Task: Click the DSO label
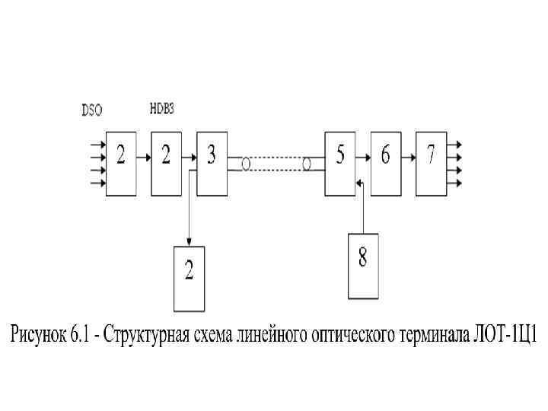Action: pyautogui.click(x=92, y=110)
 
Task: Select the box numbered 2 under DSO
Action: pyautogui.click(x=120, y=162)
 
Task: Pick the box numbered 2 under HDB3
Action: pyautogui.click(x=166, y=162)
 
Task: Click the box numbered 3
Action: pyautogui.click(x=212, y=162)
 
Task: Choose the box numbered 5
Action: pyautogui.click(x=340, y=162)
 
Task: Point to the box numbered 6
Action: pyautogui.click(x=386, y=162)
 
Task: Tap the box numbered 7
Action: pyautogui.click(x=431, y=162)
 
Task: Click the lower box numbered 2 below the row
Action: pyautogui.click(x=189, y=279)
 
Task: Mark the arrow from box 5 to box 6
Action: pyautogui.click(x=364, y=158)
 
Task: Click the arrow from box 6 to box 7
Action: pyautogui.click(x=409, y=158)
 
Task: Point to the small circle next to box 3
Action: pyautogui.click(x=245, y=164)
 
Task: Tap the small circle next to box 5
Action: pyautogui.click(x=307, y=164)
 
